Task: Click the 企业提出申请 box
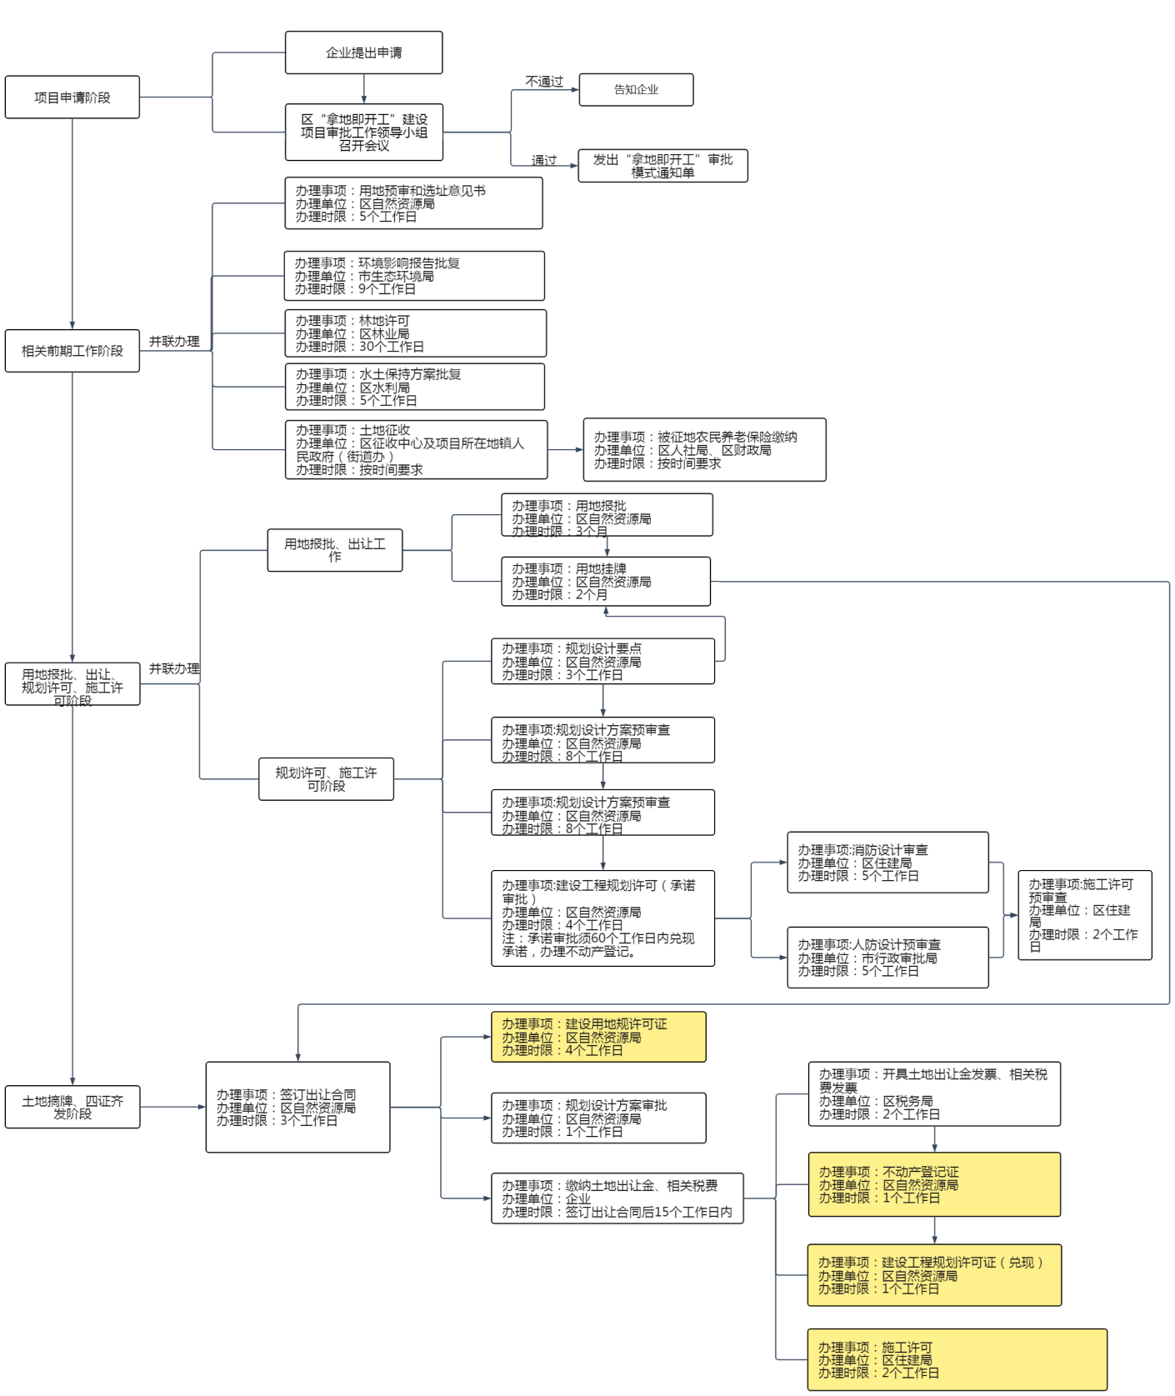tap(363, 53)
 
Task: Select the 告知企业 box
tap(636, 90)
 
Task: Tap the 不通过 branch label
tap(544, 82)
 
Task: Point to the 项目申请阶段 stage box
tap(72, 98)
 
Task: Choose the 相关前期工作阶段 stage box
tap(72, 351)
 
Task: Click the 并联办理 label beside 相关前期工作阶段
tap(174, 342)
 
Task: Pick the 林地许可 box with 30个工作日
tap(415, 333)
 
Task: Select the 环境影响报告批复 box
tap(414, 276)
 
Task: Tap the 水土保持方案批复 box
tap(415, 387)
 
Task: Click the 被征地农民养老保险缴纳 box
tap(704, 450)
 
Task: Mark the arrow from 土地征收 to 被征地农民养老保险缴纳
tap(566, 450)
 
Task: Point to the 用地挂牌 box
tap(606, 582)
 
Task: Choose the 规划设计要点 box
tap(602, 662)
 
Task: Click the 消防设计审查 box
tap(887, 863)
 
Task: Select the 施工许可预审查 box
tap(1084, 915)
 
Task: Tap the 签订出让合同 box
tap(297, 1108)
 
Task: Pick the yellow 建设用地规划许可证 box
tap(598, 1037)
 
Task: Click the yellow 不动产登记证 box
tap(934, 1184)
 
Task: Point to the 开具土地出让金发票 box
tap(934, 1094)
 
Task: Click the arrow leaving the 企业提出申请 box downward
tap(364, 89)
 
